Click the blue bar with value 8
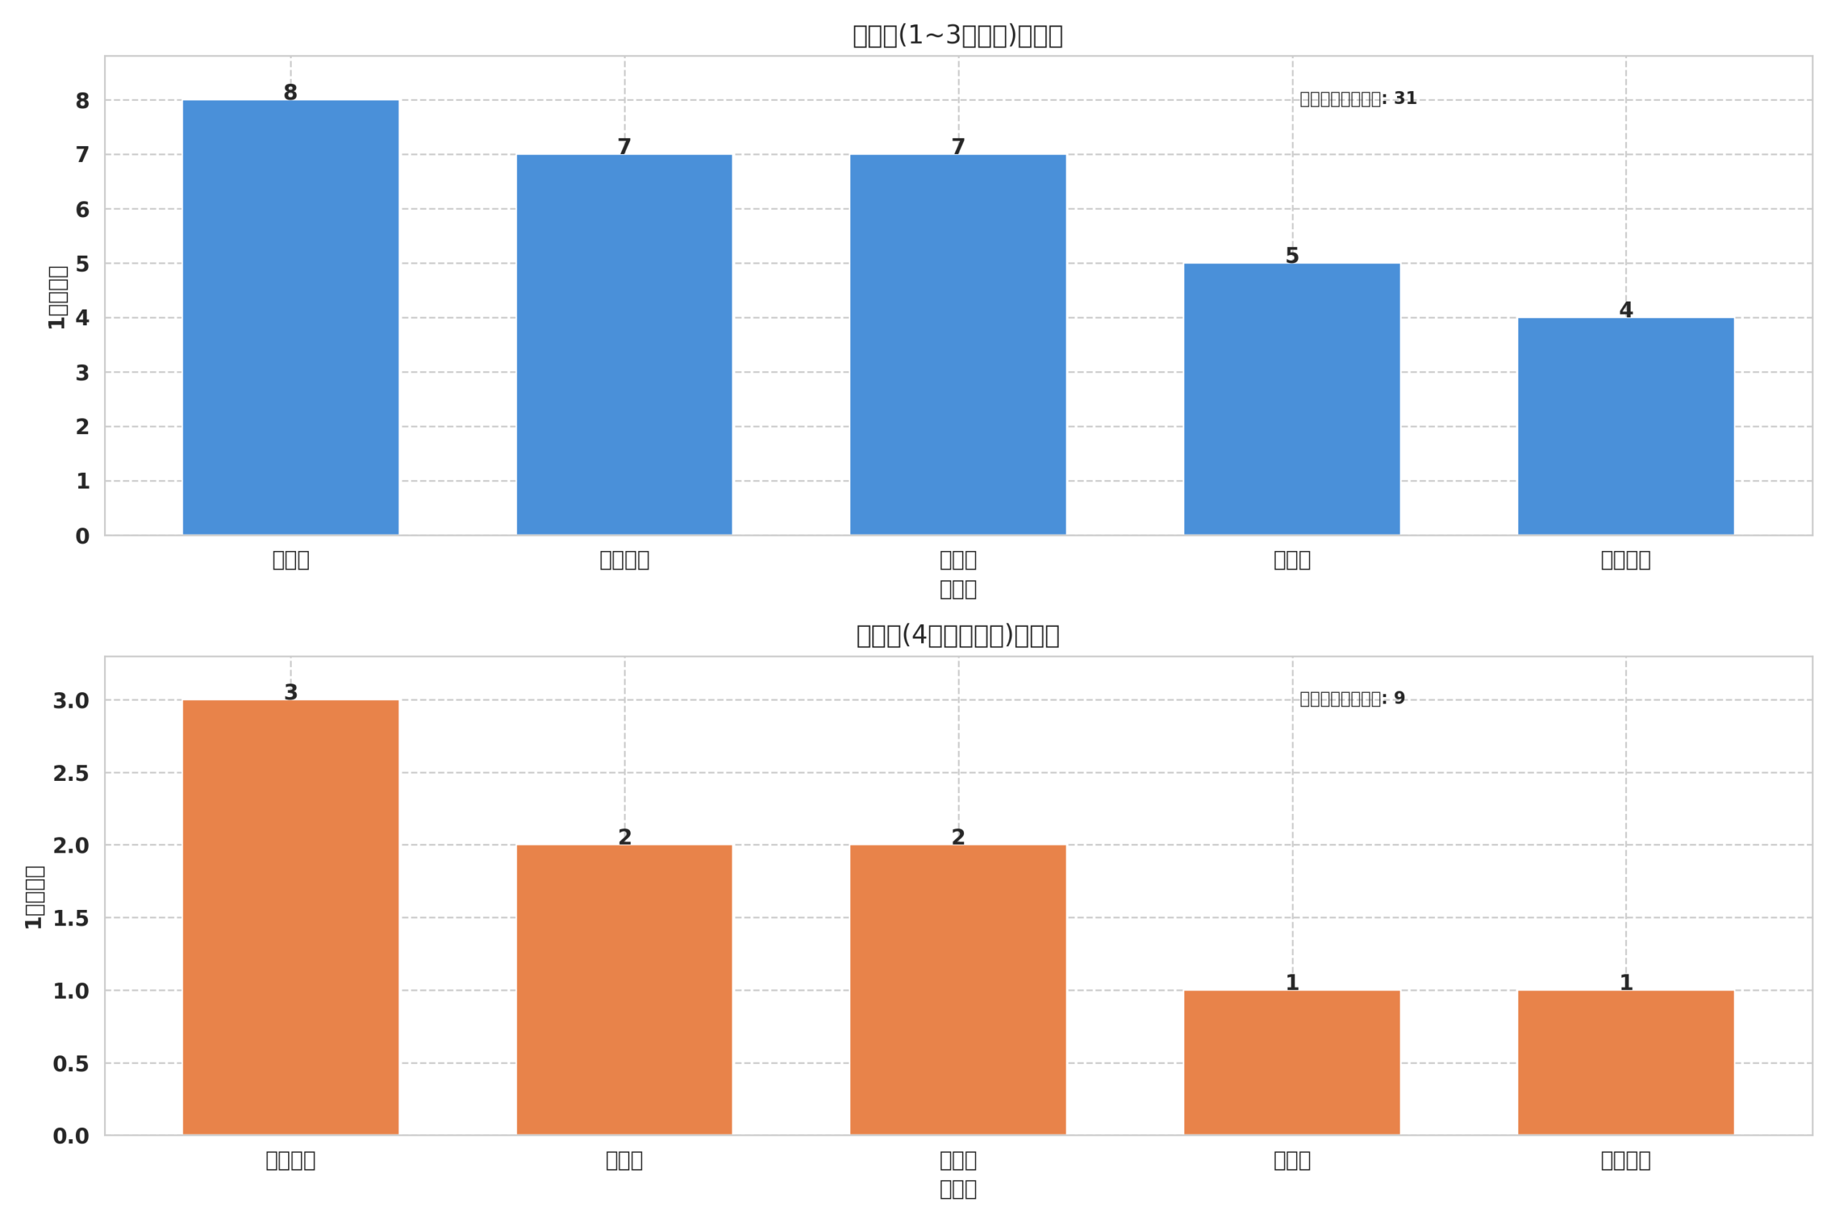pos(290,317)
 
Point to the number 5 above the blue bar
pos(1291,256)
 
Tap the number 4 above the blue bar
pos(1625,310)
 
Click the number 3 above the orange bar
pos(290,693)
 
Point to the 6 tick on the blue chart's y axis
pos(82,210)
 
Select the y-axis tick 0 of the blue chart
pos(82,537)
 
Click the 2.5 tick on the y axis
pos(70,774)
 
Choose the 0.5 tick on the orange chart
pos(70,1065)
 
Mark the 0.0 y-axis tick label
pos(70,1136)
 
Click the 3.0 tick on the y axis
pos(70,701)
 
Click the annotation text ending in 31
pos(1358,99)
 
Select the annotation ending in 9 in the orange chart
pos(1351,699)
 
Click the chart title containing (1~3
pos(958,36)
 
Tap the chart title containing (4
pos(958,636)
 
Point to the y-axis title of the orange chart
pos(34,897)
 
